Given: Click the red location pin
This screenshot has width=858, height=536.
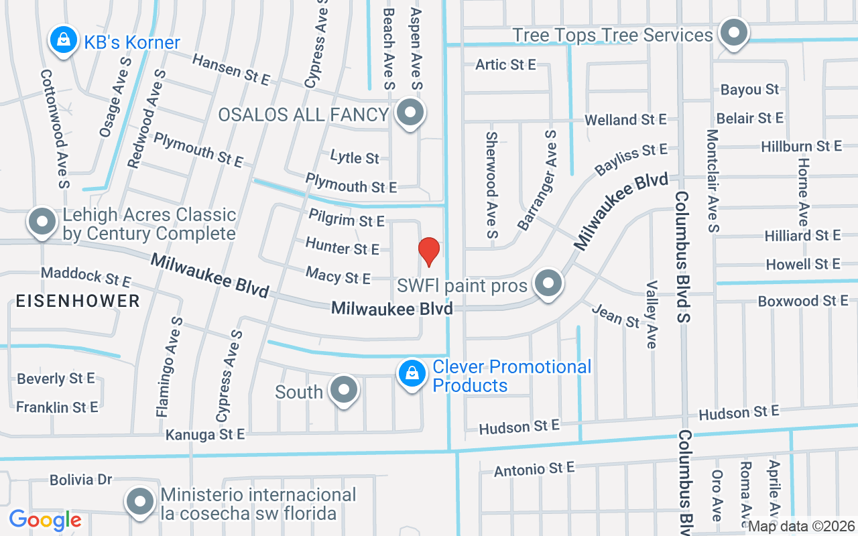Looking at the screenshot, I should tap(429, 251).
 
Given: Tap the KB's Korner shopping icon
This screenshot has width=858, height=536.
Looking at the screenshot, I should tap(63, 40).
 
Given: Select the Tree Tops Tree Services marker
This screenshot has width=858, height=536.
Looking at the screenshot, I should tap(734, 33).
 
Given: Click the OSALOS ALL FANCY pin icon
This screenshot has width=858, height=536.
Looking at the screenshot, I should tap(410, 113).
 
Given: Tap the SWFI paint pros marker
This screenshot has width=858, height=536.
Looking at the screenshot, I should tap(549, 284).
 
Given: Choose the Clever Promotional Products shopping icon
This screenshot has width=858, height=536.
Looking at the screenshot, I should tap(413, 375).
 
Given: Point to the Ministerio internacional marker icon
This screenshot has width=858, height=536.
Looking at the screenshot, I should tap(141, 501).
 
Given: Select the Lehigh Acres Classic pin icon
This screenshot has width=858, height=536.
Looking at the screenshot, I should tap(43, 222).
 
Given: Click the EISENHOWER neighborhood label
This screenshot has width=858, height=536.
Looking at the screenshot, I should tap(78, 301).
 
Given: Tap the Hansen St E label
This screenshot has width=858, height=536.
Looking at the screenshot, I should tap(231, 70).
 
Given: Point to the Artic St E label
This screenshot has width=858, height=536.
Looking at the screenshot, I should tap(505, 64).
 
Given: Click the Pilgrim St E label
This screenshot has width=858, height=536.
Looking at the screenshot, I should tap(347, 218).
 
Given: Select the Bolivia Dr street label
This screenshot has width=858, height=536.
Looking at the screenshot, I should tap(80, 480).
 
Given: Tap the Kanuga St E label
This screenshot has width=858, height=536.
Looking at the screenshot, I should tap(205, 434).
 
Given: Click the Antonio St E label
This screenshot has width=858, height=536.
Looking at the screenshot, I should tap(534, 469).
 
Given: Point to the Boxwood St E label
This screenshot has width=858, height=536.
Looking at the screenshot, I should tap(803, 301).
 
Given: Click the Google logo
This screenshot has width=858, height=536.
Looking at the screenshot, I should tap(45, 519).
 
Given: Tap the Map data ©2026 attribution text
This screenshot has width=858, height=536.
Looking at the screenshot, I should tap(802, 527).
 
